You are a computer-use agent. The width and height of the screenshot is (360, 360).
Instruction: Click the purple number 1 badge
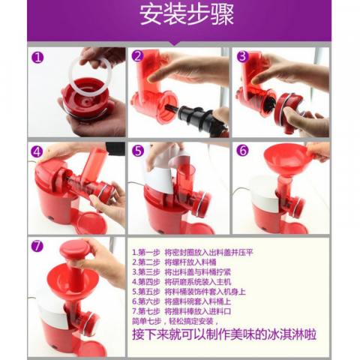(x=37, y=57)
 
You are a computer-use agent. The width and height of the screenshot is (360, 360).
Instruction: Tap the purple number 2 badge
(x=138, y=56)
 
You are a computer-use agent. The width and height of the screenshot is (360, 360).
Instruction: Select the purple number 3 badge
(x=242, y=56)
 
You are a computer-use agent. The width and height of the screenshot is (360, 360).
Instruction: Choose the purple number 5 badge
(x=138, y=150)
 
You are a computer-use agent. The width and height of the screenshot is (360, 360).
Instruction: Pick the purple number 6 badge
(x=242, y=150)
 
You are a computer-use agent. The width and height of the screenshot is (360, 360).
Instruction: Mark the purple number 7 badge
(x=37, y=245)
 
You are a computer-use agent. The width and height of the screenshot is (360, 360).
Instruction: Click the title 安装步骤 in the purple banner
(x=180, y=16)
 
